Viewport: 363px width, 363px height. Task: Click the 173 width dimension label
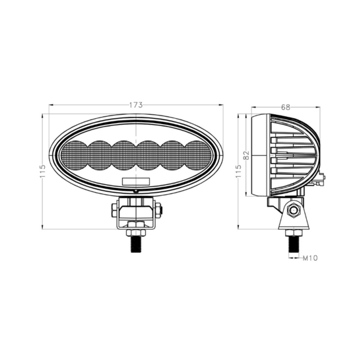[136, 105]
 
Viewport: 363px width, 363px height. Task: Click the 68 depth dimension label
[285, 107]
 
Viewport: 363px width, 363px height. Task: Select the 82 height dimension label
[247, 155]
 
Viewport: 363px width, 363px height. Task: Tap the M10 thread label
[310, 258]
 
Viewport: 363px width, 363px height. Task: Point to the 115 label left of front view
[42, 171]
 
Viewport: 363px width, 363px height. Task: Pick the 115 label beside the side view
[238, 171]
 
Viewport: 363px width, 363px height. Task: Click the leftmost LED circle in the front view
[75, 155]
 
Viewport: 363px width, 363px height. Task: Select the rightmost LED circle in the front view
[198, 155]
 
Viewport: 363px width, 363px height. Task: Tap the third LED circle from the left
[124, 155]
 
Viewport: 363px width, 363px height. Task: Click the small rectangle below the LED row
[136, 181]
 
